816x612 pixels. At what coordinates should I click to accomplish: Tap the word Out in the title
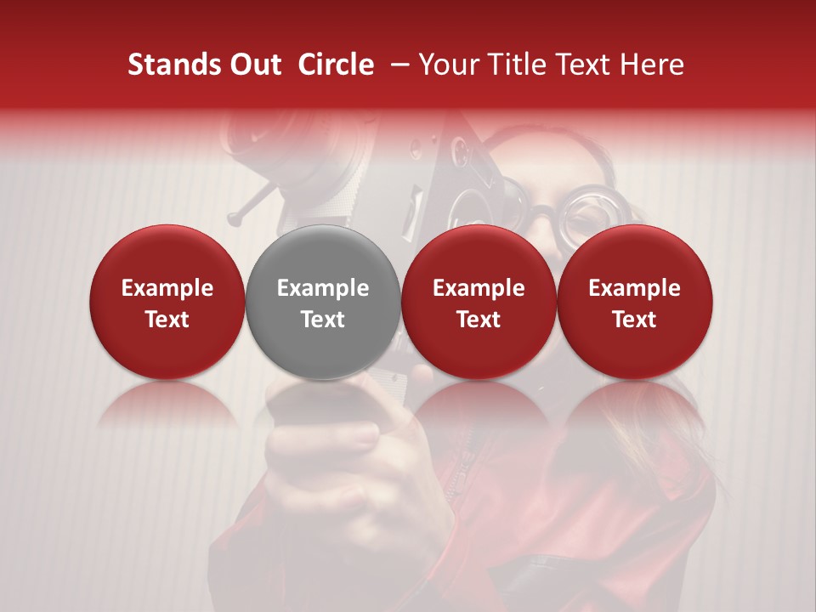point(254,65)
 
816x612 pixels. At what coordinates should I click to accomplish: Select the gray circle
point(323,302)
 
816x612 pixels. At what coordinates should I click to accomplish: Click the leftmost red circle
point(167,302)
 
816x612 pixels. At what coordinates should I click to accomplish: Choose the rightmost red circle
point(635,302)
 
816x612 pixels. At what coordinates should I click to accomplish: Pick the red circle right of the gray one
point(479,302)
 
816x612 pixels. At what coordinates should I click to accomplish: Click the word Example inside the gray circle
point(323,288)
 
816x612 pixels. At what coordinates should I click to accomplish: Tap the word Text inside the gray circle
point(323,320)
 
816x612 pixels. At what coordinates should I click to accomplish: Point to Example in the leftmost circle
point(167,288)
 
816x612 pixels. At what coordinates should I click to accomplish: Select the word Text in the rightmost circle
point(635,320)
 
